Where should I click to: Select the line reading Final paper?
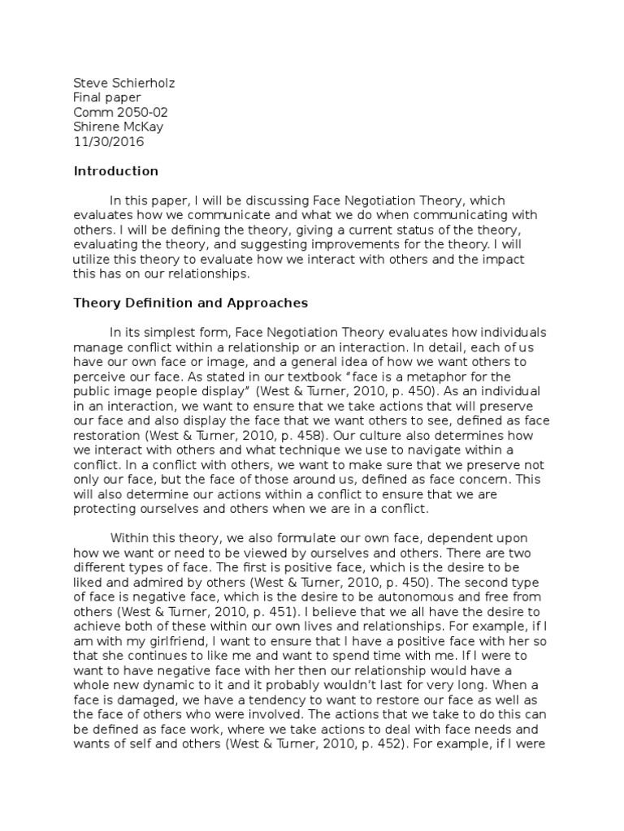click(107, 97)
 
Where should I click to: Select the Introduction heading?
click(116, 171)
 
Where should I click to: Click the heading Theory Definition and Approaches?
click(191, 303)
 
